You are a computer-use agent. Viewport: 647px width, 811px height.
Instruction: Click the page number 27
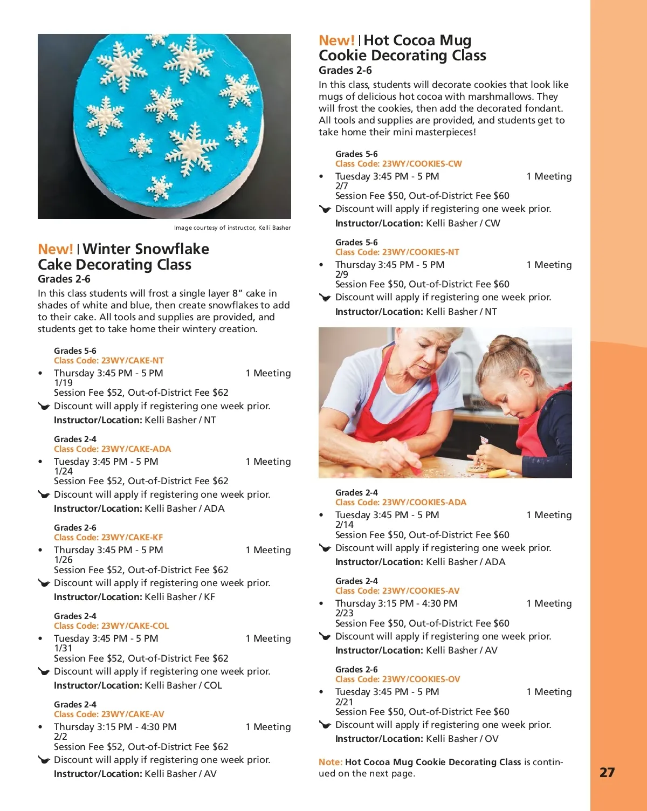click(x=607, y=772)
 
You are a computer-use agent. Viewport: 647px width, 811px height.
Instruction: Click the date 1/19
click(x=63, y=383)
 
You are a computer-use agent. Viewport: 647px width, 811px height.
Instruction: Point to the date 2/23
click(x=344, y=613)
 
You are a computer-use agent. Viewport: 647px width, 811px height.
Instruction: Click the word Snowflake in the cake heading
click(x=146, y=249)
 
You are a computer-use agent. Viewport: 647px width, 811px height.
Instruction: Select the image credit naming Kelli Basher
click(x=232, y=228)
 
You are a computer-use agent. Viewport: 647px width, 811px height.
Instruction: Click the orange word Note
click(x=330, y=762)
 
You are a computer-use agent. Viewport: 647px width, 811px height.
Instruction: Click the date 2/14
click(x=344, y=525)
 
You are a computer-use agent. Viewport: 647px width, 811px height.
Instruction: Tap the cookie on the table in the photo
click(x=476, y=468)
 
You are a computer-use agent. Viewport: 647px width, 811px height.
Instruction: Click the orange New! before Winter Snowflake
click(x=55, y=249)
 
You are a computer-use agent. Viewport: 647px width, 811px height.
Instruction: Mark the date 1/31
click(x=63, y=648)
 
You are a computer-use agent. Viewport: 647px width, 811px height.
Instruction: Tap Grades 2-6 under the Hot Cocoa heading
click(x=345, y=70)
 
